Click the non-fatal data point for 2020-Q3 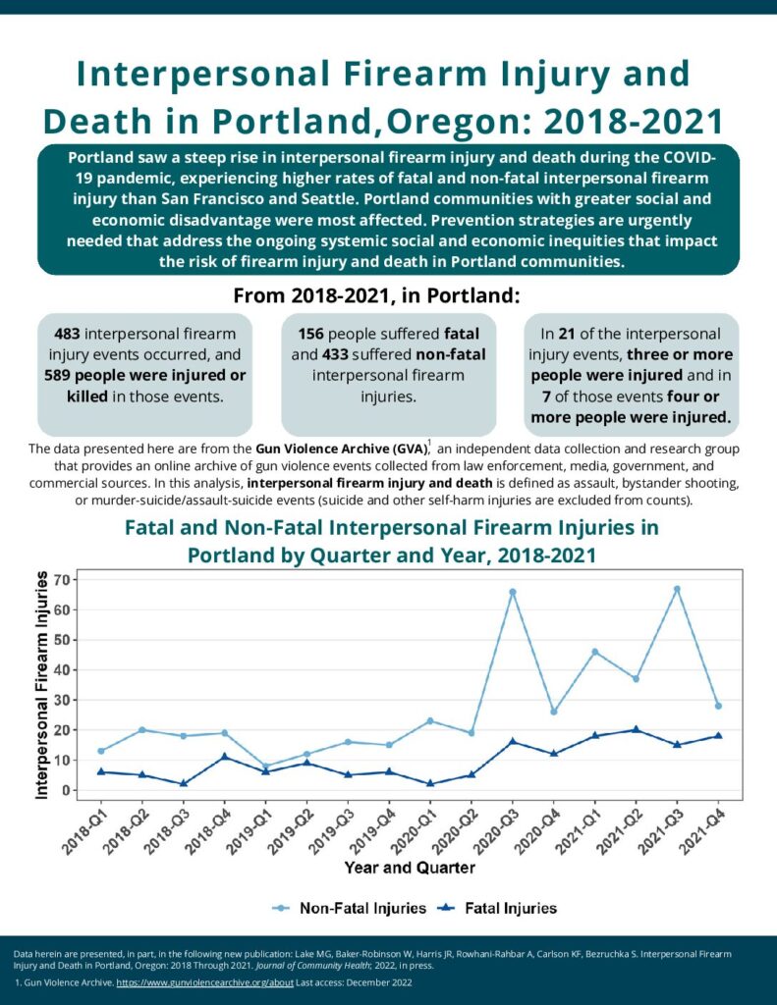513,592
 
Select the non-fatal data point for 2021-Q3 677,589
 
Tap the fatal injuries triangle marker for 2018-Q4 225,757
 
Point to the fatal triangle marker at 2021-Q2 636,729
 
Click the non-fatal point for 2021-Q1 594,652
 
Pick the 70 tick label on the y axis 63,580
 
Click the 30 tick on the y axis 63,701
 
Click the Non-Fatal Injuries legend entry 349,908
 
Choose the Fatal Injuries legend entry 497,908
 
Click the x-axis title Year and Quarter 410,868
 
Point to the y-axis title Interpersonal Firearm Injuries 41,685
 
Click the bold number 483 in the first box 68,334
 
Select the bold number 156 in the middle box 311,334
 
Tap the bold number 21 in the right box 567,334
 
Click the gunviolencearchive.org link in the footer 204,982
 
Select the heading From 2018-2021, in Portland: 376,296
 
